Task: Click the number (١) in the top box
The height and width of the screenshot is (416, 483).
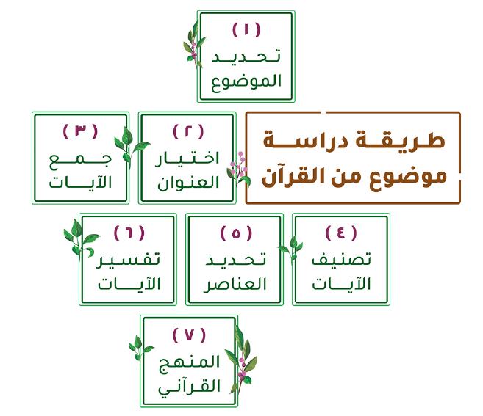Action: (246, 30)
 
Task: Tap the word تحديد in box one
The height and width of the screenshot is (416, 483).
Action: (246, 56)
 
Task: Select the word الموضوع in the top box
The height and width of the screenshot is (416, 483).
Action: (246, 82)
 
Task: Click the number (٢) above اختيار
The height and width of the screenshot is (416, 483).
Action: (188, 131)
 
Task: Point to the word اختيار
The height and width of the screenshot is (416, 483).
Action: (187, 158)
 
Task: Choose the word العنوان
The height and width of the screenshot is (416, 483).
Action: (188, 183)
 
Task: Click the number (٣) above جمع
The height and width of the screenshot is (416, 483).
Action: (80, 131)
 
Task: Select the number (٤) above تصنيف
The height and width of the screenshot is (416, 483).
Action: (341, 233)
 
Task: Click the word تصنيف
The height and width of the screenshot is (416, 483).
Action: (341, 258)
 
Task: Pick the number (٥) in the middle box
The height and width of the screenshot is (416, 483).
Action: (236, 233)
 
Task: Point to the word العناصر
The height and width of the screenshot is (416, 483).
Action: (235, 285)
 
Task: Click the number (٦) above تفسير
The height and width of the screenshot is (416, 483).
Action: (129, 233)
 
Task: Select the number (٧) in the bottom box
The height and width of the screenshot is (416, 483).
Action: (189, 335)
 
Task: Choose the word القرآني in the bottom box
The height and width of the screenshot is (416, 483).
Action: (190, 387)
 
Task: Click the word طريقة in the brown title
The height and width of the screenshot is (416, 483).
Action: (401, 141)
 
